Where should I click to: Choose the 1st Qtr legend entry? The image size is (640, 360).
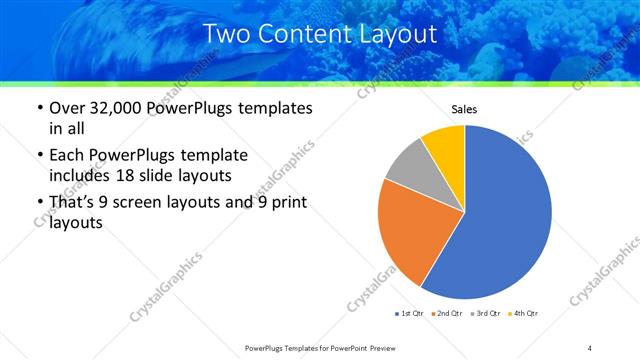[x=410, y=314]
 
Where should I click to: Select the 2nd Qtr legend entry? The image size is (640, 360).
[x=447, y=314]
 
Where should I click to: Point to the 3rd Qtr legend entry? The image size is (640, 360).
[x=485, y=314]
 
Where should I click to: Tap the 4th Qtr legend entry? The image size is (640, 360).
[x=523, y=314]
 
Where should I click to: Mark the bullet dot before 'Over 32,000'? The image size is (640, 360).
[x=39, y=108]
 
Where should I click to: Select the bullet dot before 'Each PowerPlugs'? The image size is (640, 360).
[x=39, y=155]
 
